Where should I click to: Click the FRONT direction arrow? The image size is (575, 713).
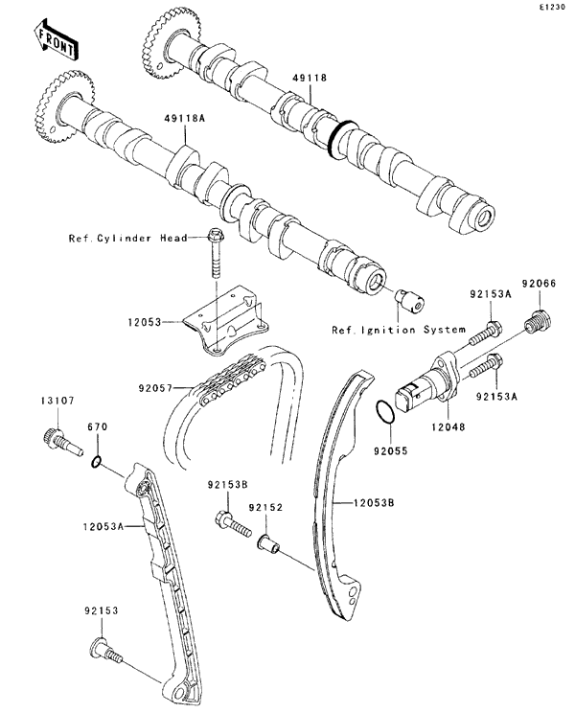pos(56,38)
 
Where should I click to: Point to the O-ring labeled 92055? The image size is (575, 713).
pos(381,412)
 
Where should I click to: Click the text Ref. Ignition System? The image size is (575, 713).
pos(386,331)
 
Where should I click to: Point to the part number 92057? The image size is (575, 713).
pos(155,388)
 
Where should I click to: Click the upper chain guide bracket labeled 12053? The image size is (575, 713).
pos(228,323)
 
